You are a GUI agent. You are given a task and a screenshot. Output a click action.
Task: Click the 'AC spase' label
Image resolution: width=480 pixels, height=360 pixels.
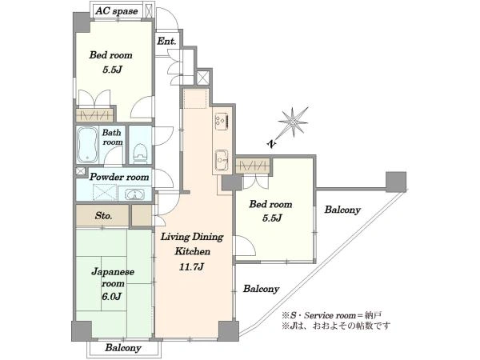pos(116,11)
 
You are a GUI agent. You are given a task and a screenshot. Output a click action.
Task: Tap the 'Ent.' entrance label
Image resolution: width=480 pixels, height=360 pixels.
pos(167,41)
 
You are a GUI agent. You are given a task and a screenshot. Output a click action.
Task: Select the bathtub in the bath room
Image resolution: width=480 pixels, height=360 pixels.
pos(87,145)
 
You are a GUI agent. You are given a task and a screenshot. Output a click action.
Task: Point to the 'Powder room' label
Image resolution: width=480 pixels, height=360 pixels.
pos(119,177)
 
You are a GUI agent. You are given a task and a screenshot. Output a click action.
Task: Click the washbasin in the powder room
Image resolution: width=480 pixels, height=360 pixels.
pos(135,194)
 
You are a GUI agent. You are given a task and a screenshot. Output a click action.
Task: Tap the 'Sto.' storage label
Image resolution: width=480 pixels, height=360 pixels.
pos(103,215)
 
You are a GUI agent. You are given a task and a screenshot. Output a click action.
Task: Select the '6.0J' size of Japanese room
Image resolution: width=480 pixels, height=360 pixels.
pos(111,296)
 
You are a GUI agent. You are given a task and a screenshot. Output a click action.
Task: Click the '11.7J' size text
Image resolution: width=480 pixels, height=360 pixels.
pos(192,266)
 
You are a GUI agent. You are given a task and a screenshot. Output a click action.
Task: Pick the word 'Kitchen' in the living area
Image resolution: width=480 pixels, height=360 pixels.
pos(193,251)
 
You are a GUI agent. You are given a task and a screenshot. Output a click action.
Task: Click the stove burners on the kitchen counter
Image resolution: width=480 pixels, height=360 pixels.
pos(222,119)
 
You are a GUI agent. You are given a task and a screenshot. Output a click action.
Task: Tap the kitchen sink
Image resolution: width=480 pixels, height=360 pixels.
pos(222,160)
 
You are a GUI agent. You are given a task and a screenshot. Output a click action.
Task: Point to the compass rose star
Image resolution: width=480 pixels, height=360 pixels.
pos(293,122)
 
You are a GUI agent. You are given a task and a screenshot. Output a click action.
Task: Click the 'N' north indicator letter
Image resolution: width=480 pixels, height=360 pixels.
pos(271,143)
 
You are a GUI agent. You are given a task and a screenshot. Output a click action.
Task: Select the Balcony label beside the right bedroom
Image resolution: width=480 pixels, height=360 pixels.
pos(342,210)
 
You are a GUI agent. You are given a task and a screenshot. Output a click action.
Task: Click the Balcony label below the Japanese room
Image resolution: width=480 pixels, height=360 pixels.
pos(123,348)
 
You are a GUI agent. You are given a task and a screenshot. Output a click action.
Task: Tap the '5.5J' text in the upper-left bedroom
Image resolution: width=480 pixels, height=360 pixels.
pos(112,70)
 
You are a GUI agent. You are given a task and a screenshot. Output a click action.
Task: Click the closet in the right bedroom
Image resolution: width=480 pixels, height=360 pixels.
pos(253,166)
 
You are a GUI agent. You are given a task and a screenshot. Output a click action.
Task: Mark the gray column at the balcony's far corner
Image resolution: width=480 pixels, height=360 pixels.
pos(396,182)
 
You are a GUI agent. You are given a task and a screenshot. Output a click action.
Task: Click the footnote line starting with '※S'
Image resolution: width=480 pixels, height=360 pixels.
pos(332,315)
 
